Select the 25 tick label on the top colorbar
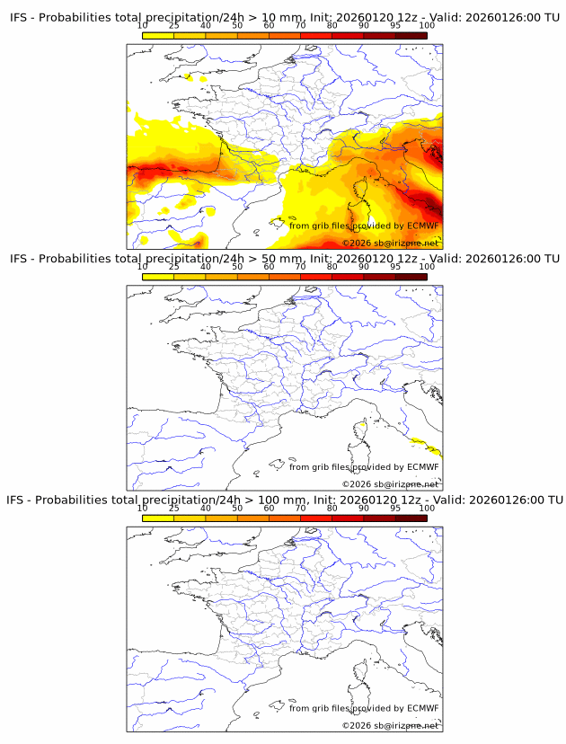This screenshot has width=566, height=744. (x=173, y=25)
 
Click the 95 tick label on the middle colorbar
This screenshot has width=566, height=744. (x=394, y=267)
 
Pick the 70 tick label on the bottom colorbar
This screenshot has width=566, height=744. (x=300, y=508)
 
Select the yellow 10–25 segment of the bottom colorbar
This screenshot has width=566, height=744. (x=158, y=518)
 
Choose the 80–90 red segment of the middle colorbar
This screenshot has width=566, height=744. (x=347, y=277)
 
